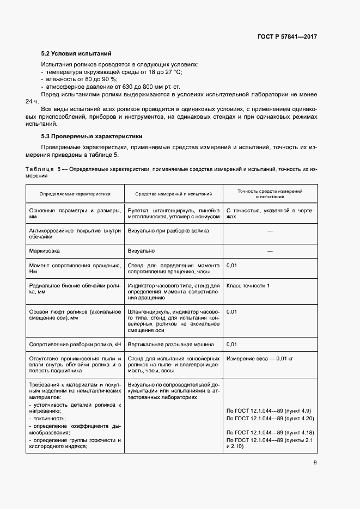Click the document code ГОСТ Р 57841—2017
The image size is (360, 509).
click(x=287, y=36)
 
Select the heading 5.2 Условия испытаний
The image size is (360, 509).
click(x=76, y=54)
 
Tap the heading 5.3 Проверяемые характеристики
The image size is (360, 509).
click(x=91, y=136)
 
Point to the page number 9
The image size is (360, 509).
click(x=315, y=463)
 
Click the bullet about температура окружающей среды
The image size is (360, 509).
click(x=112, y=72)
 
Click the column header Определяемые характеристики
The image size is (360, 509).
click(x=75, y=193)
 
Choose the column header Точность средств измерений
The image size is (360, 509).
click(x=271, y=193)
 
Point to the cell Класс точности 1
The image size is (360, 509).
click(x=248, y=285)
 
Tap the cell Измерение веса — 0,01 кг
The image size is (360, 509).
click(x=260, y=359)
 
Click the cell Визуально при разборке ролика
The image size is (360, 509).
click(x=165, y=231)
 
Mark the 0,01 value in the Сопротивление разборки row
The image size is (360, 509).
click(x=231, y=345)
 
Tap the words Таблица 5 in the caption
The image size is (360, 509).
click(x=44, y=169)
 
